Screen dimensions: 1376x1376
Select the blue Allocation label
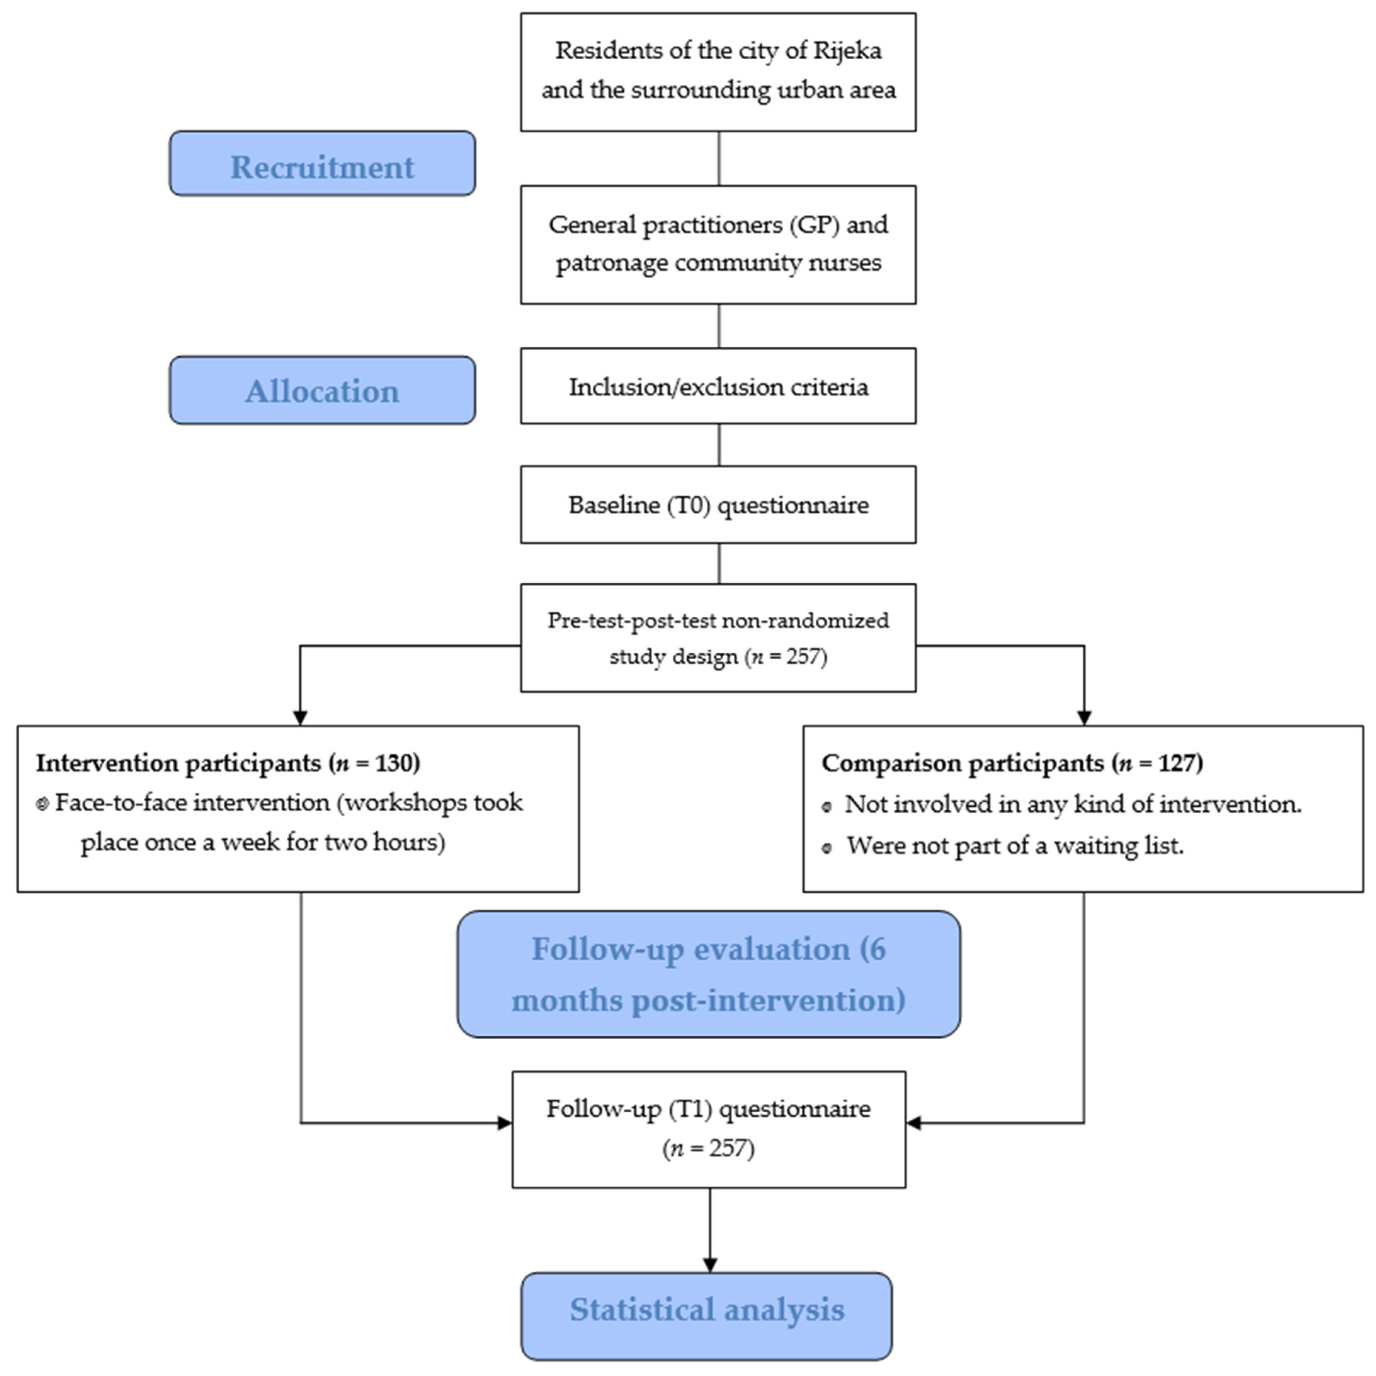(x=322, y=390)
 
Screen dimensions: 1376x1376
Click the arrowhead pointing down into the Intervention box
(x=300, y=716)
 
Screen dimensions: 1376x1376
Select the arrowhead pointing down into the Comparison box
(x=1084, y=716)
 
